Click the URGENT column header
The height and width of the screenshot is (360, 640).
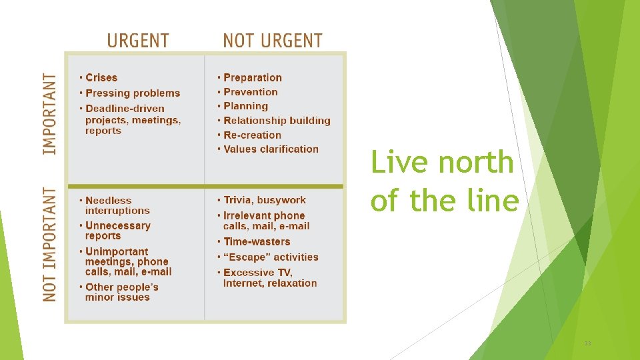[138, 41]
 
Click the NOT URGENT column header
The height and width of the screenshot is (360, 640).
[273, 41]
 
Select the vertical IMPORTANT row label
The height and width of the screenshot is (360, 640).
[51, 114]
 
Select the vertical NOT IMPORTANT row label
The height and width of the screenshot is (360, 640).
[51, 244]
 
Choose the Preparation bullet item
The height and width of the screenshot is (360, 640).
[253, 78]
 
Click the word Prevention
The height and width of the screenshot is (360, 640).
[251, 92]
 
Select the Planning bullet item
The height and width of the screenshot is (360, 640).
[245, 106]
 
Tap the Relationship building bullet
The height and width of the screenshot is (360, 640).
[277, 121]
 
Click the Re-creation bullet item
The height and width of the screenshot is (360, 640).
[252, 135]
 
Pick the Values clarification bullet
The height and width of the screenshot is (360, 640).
[271, 149]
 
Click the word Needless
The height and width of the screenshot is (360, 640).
[109, 201]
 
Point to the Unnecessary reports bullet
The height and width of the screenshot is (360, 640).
[117, 231]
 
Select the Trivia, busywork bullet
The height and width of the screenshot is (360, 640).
[264, 200]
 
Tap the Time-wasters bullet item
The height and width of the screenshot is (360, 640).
[257, 242]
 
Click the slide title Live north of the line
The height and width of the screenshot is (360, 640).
[444, 181]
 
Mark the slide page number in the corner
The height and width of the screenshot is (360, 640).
[587, 343]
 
